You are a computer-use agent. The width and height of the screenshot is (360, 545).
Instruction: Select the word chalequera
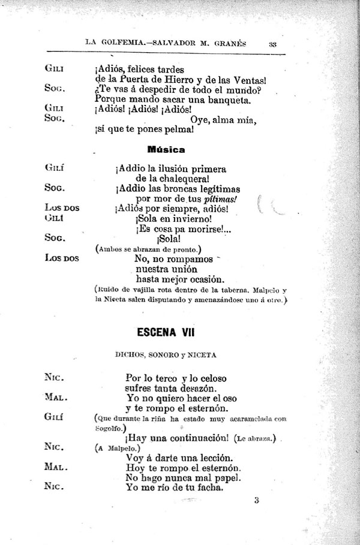(x=178, y=178)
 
